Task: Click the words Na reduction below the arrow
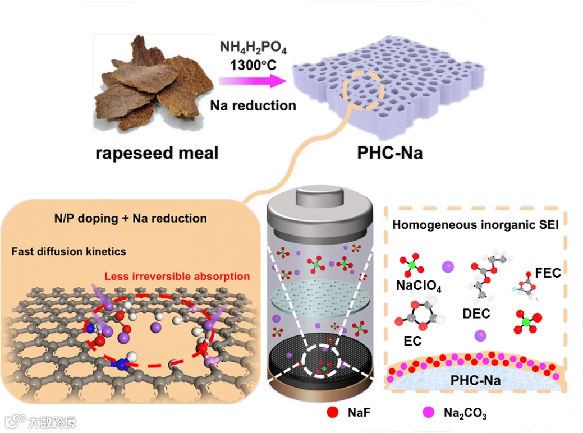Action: pos(253,105)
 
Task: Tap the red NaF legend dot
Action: pos(333,413)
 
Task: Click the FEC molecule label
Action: pos(548,273)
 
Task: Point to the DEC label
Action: pos(476,314)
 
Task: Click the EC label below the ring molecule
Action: pos(412,340)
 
